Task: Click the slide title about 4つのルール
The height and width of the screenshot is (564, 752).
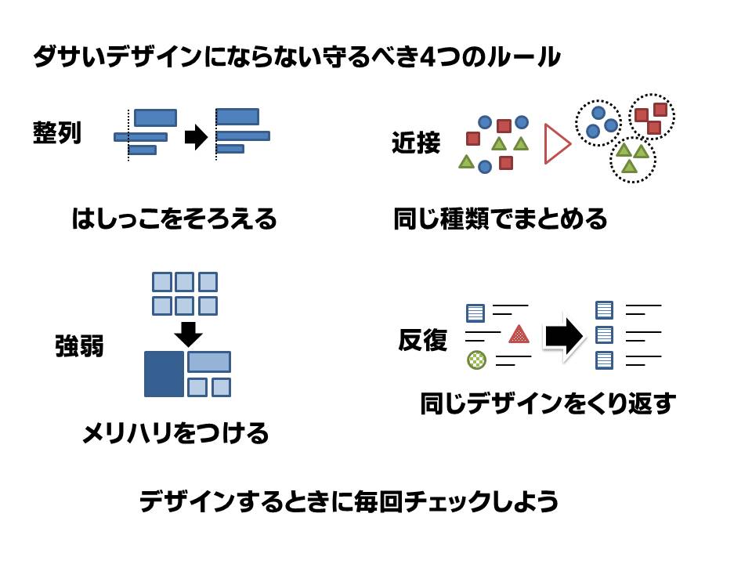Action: [296, 57]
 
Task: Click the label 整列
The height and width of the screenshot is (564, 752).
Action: [56, 132]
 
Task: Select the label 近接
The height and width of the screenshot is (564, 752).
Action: [415, 143]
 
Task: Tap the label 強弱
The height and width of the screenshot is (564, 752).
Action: [79, 345]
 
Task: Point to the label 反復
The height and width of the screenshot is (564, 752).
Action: [422, 340]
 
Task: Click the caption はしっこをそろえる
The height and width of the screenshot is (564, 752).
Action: [174, 219]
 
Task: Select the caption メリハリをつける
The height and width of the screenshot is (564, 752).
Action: [175, 432]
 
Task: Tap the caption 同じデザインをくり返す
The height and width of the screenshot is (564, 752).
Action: [548, 404]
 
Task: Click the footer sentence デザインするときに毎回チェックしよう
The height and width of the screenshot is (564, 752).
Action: [349, 501]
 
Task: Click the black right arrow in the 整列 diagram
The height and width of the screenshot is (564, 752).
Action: [196, 137]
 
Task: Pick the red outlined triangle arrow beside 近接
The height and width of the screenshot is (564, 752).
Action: [556, 144]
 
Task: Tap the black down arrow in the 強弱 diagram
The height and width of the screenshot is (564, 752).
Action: [188, 333]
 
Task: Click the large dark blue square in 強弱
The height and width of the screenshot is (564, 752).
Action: [164, 374]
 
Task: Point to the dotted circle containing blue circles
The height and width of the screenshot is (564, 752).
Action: [598, 123]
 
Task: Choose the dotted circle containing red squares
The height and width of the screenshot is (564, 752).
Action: [651, 116]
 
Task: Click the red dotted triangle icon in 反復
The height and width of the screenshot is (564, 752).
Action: [519, 334]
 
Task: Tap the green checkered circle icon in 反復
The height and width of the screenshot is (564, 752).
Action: [476, 360]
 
